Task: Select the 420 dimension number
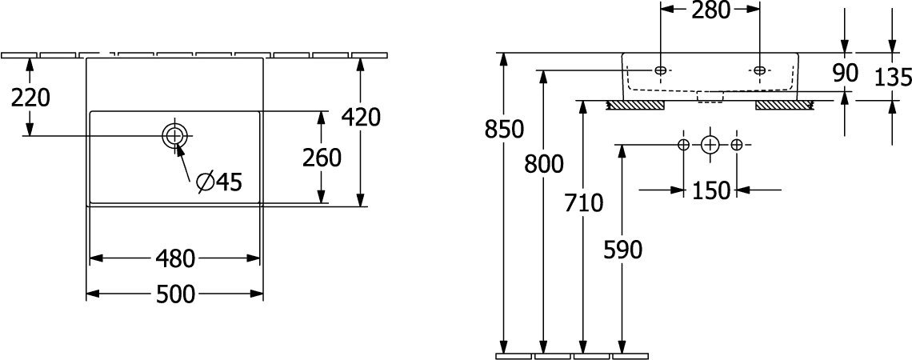(361, 117)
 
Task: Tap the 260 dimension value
(321, 158)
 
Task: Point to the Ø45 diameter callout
(218, 182)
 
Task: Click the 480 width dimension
(175, 258)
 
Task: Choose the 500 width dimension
(175, 294)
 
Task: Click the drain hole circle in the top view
(174, 135)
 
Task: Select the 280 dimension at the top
(710, 10)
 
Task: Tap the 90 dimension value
(845, 74)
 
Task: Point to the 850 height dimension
(504, 129)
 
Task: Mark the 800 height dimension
(544, 164)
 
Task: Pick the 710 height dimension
(584, 203)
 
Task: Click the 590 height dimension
(623, 250)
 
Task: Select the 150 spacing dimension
(710, 190)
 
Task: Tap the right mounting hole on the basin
(760, 70)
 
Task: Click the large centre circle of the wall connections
(710, 145)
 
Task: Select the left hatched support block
(636, 106)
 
